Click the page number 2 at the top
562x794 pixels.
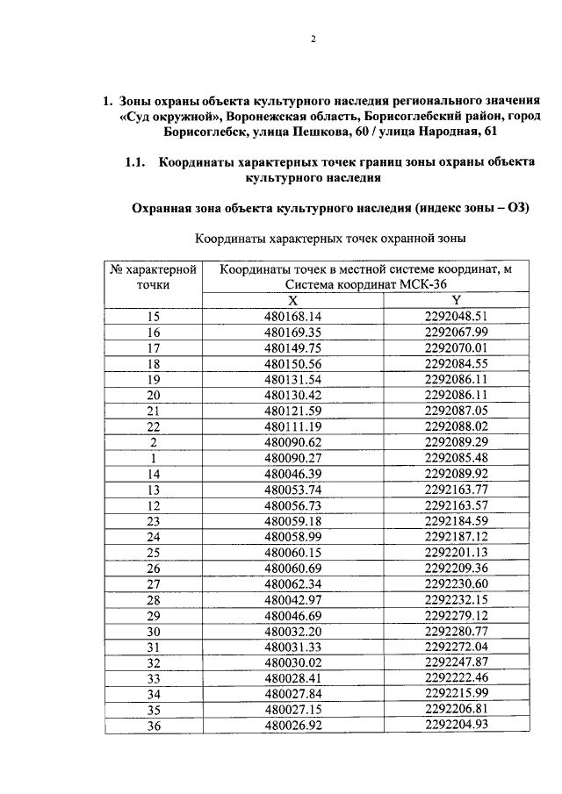pos(312,39)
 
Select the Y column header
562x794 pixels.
pos(456,300)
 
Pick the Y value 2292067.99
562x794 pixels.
pos(455,332)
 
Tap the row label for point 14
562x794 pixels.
pos(154,474)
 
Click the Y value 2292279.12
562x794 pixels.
pos(455,616)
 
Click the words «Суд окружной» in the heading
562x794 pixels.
pos(169,116)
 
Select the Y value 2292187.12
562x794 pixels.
pos(455,537)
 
